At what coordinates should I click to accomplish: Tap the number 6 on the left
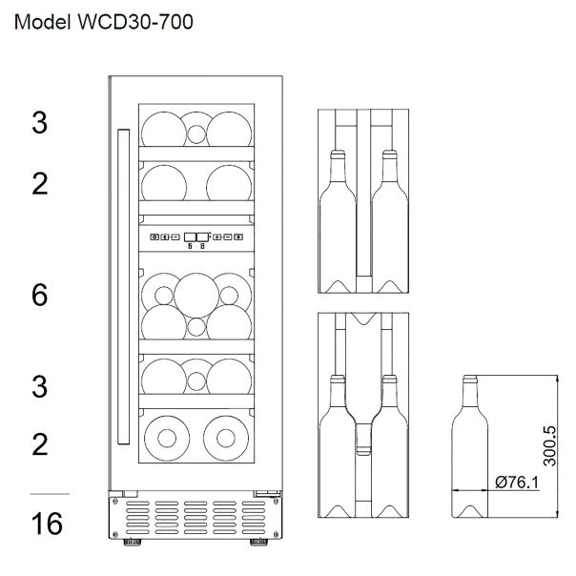pos(40,296)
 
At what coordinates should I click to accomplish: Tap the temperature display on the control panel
pos(195,238)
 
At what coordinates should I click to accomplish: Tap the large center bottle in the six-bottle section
pos(195,291)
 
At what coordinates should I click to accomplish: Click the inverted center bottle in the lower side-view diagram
pos(362,381)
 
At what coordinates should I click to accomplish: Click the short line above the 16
pos(50,494)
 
